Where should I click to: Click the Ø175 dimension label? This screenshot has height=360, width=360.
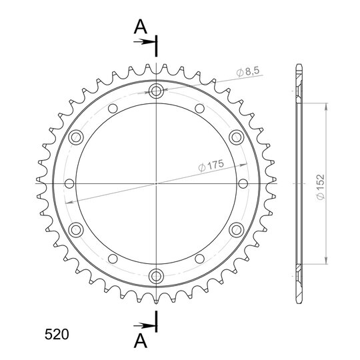pos(211,165)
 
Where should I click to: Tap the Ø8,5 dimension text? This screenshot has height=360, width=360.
pos(248,71)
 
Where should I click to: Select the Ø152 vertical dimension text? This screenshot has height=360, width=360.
pos(320,187)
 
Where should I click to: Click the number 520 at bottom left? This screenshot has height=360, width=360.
pos(57,334)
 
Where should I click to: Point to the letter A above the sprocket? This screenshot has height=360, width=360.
pos(141,27)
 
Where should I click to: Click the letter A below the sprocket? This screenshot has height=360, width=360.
pos(141,341)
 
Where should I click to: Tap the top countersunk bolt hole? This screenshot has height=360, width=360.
pos(156,91)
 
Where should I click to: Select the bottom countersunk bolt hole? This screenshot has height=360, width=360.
pos(156,276)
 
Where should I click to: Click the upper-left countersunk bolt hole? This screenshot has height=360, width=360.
pos(76,137)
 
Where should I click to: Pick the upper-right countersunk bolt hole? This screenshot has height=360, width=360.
pos(236,137)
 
